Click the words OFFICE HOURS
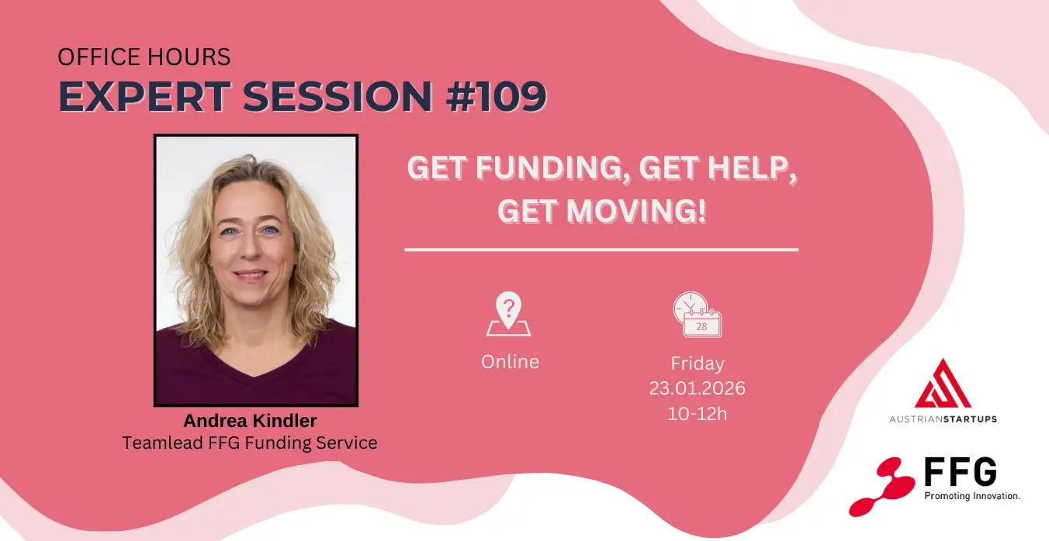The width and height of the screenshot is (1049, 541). [x=144, y=57]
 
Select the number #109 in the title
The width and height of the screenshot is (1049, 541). [x=497, y=96]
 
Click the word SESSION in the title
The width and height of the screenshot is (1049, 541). [x=338, y=96]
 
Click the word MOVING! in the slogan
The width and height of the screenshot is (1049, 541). [x=636, y=211]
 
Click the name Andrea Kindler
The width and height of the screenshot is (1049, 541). [x=250, y=421]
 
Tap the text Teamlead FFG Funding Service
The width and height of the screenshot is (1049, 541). [x=250, y=443]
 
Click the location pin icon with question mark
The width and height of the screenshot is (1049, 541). [x=508, y=314]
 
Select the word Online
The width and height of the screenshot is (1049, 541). [x=510, y=362]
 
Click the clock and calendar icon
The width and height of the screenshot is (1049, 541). [x=698, y=315]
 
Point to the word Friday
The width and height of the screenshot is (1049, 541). [x=698, y=364]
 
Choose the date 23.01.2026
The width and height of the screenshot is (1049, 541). [x=698, y=388]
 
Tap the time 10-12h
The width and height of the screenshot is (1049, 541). [x=698, y=414]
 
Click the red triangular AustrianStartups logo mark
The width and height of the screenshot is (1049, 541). [x=943, y=384]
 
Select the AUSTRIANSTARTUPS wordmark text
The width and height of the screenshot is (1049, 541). [x=943, y=419]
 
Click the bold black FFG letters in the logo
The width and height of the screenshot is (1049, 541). [x=961, y=472]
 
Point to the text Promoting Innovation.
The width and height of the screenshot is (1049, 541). [x=972, y=496]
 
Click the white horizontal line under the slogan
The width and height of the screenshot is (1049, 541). [x=601, y=250]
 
